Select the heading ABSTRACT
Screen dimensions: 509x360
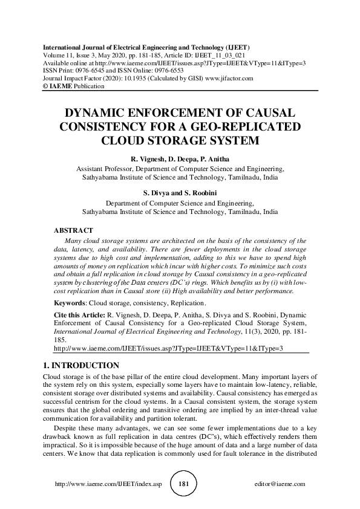(73, 230)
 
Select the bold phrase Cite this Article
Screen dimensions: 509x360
(79, 315)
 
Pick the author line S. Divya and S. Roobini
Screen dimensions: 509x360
(180, 193)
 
